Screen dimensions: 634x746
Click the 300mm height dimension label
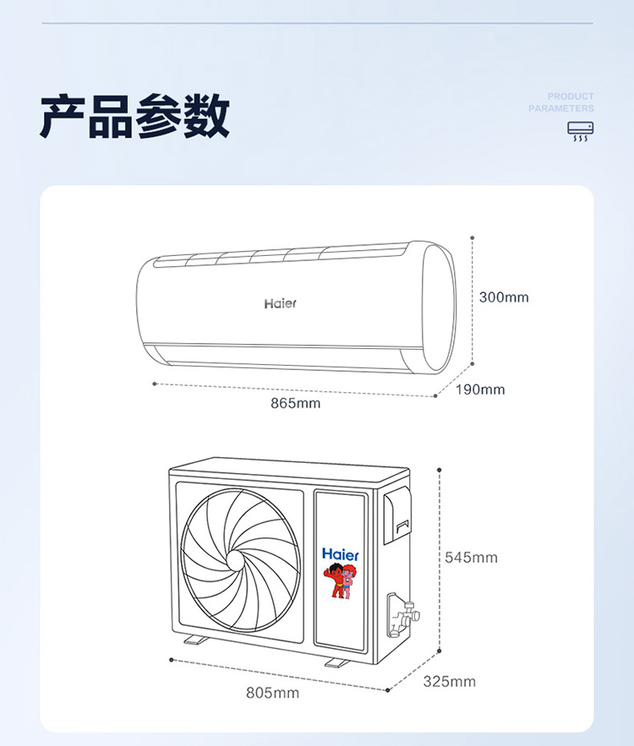(504, 297)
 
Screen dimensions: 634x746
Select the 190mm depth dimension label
(480, 389)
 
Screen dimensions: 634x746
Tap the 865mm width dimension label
(296, 404)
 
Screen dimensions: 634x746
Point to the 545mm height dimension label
(471, 558)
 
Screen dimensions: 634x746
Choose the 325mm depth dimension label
(450, 682)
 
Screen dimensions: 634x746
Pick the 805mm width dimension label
(273, 693)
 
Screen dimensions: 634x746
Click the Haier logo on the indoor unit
(281, 303)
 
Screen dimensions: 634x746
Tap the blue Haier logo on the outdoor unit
(341, 554)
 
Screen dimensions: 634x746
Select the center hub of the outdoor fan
(237, 560)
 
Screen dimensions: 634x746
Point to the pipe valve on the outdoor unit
(403, 615)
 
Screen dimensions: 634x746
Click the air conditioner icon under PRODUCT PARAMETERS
(580, 131)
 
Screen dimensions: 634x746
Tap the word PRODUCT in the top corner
(571, 96)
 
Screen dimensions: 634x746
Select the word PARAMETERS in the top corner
(561, 108)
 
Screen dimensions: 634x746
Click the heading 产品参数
(134, 116)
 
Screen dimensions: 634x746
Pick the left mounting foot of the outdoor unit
(195, 640)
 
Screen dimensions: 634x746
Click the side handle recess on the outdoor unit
(397, 515)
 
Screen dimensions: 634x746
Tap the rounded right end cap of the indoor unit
(439, 307)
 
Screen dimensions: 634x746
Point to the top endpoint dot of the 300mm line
(473, 238)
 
